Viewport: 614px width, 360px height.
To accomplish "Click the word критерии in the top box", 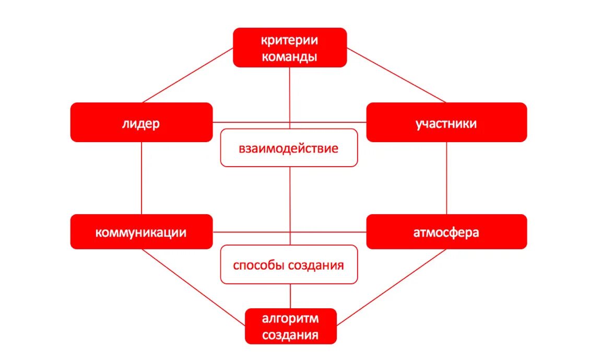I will point(290,40).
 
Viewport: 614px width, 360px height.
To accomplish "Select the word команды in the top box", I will point(290,56).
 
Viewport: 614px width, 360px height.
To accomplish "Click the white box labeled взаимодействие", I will point(289,148).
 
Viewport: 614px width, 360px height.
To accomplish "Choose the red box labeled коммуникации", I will point(141,232).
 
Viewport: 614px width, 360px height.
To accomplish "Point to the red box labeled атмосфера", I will point(446,232).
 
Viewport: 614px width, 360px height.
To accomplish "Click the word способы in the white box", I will point(255,265).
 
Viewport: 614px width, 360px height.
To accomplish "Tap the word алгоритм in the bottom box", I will point(291,319).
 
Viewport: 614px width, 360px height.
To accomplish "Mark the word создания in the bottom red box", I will point(291,335).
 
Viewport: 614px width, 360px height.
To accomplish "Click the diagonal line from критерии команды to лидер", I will point(188,75).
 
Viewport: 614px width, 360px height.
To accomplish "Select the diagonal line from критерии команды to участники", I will point(397,75).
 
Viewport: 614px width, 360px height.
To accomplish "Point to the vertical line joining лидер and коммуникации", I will point(141,178).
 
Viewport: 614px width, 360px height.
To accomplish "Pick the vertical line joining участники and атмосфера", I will point(446,178).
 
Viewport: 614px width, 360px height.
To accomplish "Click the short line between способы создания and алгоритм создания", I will point(291,296).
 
